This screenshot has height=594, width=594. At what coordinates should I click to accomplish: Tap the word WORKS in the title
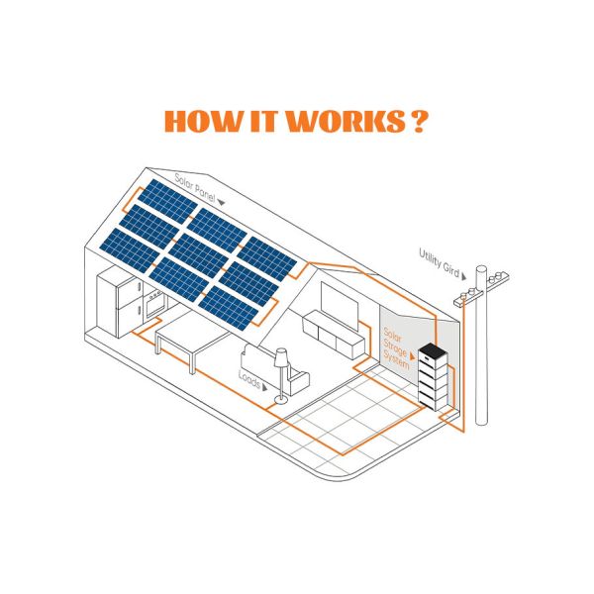coord(345,121)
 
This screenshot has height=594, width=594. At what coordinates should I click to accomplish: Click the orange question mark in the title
coord(419,121)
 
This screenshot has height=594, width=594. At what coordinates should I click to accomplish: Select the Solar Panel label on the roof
coord(195,187)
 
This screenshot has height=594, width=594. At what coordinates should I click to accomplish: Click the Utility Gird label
coord(439,262)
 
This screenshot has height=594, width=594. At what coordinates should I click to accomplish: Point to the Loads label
coord(249,379)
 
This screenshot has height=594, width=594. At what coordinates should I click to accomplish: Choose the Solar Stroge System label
coord(396,348)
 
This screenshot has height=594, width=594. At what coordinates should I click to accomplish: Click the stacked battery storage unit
coord(433,376)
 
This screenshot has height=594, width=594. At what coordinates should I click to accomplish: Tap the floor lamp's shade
coord(281,357)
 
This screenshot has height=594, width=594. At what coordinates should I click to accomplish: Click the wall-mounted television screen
coord(339,306)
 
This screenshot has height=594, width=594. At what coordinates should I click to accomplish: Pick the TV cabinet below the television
coord(333,335)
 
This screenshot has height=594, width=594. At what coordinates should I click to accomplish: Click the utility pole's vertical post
coord(481,345)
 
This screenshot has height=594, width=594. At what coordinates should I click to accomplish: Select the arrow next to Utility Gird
coord(463,276)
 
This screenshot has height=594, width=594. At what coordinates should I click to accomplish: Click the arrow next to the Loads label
coord(264,387)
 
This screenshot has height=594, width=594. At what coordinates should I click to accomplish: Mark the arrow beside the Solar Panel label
coord(221,203)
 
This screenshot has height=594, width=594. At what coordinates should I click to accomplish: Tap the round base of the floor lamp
coord(281,399)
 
